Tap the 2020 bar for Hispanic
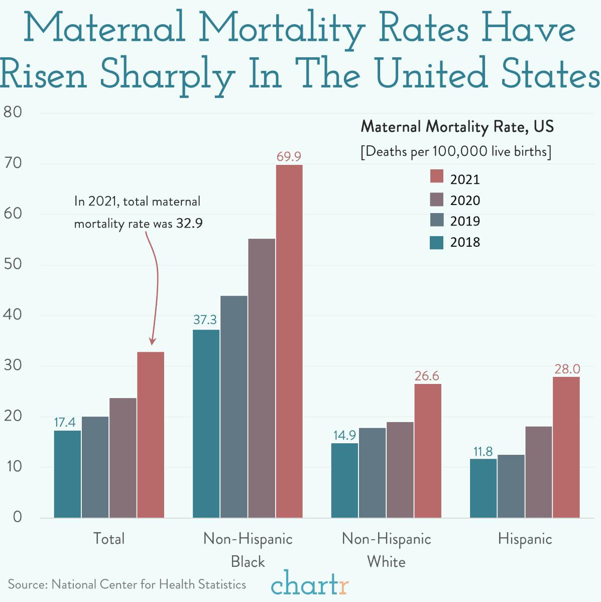click(538, 472)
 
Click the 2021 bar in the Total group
click(151, 435)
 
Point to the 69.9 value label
click(289, 157)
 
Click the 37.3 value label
click(205, 320)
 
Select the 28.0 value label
click(567, 369)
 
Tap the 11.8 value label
click(483, 451)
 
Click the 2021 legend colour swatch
click(437, 176)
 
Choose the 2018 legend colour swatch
click(437, 242)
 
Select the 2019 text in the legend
click(465, 221)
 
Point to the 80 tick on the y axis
click(13, 112)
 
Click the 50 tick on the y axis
click(13, 264)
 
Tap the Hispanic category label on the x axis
click(525, 539)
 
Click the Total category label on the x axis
click(109, 539)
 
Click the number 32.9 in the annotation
click(189, 223)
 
